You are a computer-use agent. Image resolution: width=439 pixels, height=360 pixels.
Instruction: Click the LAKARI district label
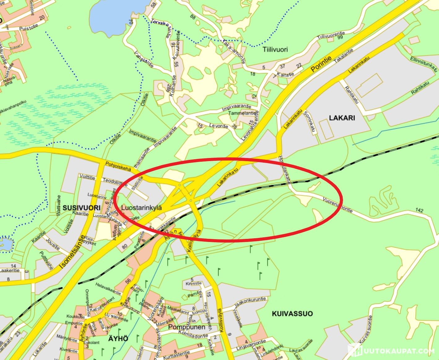pos(342,118)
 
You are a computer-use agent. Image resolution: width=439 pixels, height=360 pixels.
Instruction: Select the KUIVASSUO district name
pos(292,314)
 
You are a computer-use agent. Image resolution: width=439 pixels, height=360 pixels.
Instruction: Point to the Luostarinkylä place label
pos(141,208)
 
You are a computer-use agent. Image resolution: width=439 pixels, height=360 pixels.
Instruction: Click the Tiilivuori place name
pos(275,50)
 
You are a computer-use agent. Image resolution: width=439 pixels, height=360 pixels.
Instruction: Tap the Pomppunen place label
pos(187,327)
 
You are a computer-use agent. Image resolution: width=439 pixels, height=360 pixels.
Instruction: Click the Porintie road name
pos(321,64)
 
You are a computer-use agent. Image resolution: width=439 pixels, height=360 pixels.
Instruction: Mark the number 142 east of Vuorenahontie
pos(419,211)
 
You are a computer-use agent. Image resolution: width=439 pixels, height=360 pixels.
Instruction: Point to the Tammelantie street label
pos(242,113)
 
